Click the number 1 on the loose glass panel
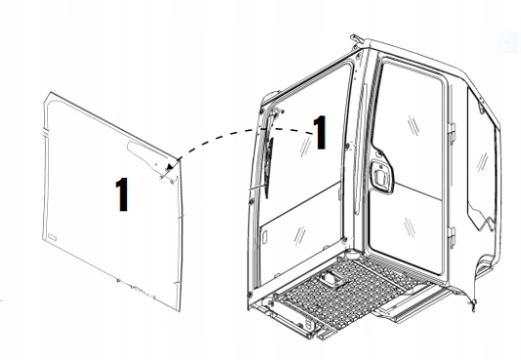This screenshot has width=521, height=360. pyautogui.click(x=122, y=194)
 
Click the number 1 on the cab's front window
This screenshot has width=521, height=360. pyautogui.click(x=321, y=132)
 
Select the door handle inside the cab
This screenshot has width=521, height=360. pyautogui.click(x=380, y=175)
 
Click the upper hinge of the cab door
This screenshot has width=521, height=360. pyautogui.click(x=452, y=132)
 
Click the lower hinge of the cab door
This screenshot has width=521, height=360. pyautogui.click(x=452, y=238)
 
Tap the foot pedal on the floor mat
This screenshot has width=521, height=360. pyautogui.click(x=333, y=279)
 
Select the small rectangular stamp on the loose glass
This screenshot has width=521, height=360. pyautogui.click(x=53, y=236)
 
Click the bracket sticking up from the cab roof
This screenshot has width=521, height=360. pyautogui.click(x=356, y=39)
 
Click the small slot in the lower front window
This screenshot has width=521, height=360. pyautogui.click(x=265, y=237)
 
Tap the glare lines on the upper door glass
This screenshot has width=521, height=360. pyautogui.click(x=413, y=125)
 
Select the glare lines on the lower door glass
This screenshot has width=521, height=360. pyautogui.click(x=409, y=227)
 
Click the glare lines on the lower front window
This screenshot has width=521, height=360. pyautogui.click(x=300, y=236)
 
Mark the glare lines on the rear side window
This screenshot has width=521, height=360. pyautogui.click(x=483, y=162)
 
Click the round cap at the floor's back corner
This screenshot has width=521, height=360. pyautogui.click(x=352, y=255)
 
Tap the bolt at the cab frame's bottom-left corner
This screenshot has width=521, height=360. pyautogui.click(x=250, y=294)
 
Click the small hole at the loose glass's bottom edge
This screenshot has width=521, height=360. pyautogui.click(x=118, y=281)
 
